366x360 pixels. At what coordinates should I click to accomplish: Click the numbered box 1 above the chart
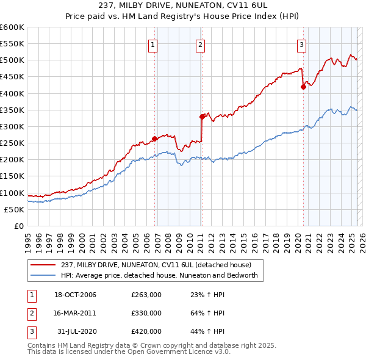coord(152,44)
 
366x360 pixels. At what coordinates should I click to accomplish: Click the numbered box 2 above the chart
coord(200,44)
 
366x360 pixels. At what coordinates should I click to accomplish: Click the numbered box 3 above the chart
coord(301,44)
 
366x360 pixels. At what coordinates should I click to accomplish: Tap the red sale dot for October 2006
coord(155,139)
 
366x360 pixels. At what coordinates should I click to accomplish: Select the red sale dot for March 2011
coord(202,116)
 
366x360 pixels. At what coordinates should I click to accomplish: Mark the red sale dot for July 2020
coord(303,87)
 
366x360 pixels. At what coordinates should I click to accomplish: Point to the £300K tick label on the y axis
coord(12,126)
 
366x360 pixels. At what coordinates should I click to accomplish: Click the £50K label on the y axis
coord(15,209)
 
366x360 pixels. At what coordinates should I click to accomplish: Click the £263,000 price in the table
coord(146,295)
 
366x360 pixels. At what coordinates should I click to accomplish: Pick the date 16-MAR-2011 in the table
coord(75,313)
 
